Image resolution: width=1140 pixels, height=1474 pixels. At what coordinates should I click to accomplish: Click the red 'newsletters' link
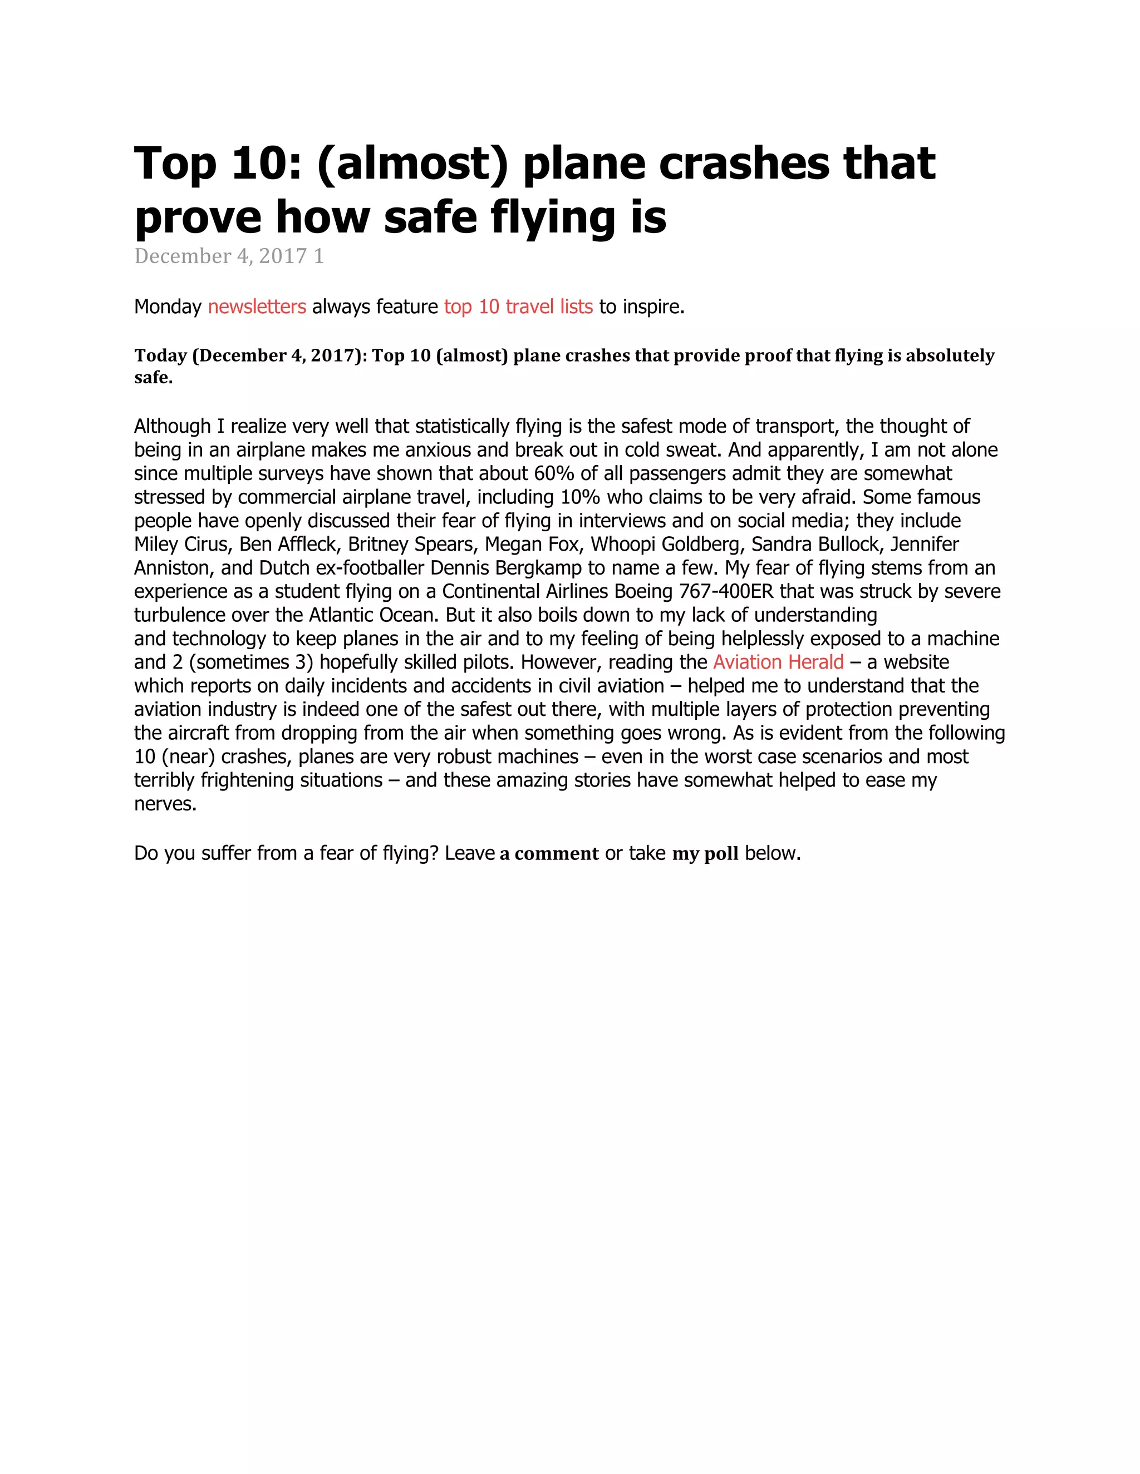point(257,307)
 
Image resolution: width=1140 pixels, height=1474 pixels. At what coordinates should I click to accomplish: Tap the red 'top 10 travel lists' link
point(518,307)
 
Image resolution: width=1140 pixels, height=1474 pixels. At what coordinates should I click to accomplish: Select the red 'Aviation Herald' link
point(778,662)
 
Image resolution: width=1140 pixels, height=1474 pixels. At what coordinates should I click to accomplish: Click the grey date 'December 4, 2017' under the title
point(221,256)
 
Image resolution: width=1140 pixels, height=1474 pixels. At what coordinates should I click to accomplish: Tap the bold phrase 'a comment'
point(549,854)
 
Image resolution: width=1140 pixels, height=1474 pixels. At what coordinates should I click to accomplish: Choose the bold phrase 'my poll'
point(705,854)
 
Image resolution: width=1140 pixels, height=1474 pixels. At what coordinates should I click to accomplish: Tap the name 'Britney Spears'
point(411,545)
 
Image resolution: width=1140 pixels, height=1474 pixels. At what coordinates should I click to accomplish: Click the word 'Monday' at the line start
point(168,307)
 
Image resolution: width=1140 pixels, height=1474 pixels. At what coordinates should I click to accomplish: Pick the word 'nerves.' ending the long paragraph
point(165,804)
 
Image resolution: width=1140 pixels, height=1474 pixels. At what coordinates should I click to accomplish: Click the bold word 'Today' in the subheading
point(160,355)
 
